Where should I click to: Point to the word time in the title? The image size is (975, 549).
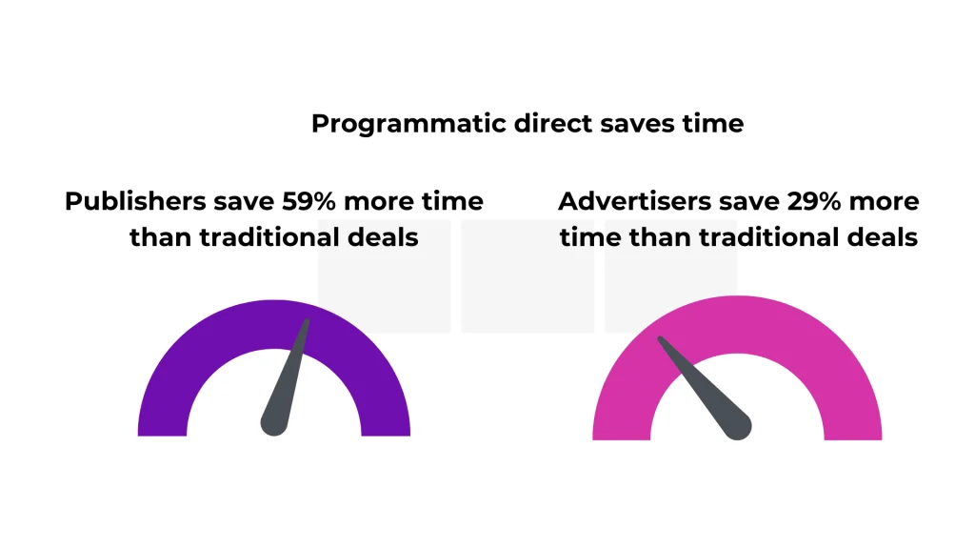(712, 123)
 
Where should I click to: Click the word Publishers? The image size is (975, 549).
(135, 201)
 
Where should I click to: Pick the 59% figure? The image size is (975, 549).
(309, 201)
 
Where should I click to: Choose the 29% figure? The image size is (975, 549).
(815, 201)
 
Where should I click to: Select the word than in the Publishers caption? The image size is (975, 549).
(161, 237)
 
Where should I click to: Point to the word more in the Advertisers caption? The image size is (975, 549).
(884, 202)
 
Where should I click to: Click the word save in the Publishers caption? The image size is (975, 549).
(244, 202)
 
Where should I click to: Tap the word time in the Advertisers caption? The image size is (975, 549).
(590, 237)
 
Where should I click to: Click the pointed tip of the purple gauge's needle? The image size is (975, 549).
(307, 321)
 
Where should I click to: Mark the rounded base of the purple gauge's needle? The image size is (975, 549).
(273, 423)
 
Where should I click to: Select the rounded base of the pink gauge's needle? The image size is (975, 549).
(738, 426)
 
